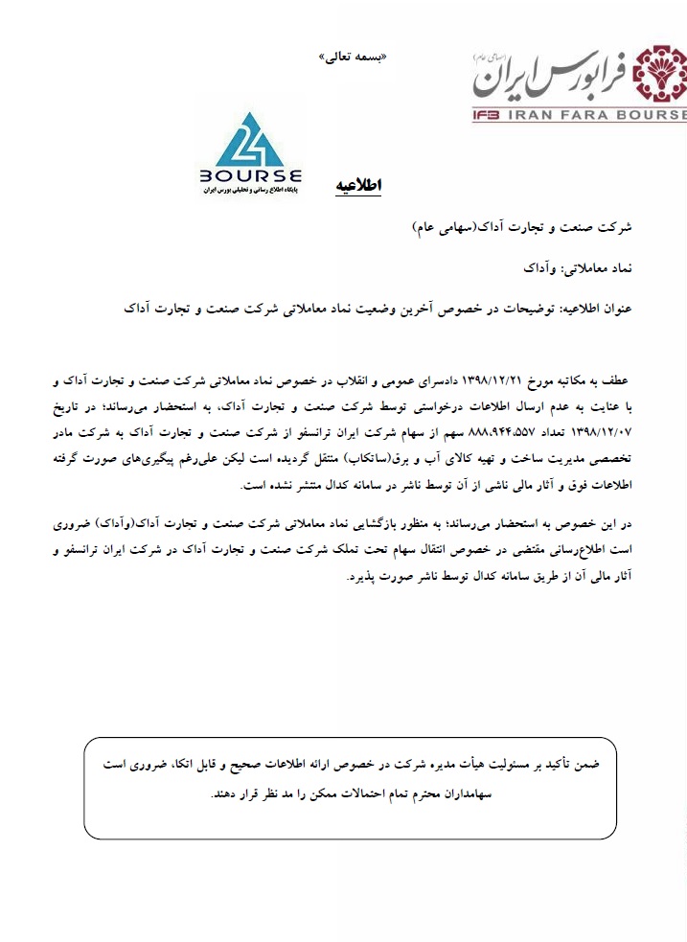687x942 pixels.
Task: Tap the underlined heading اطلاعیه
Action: [x=358, y=186]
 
